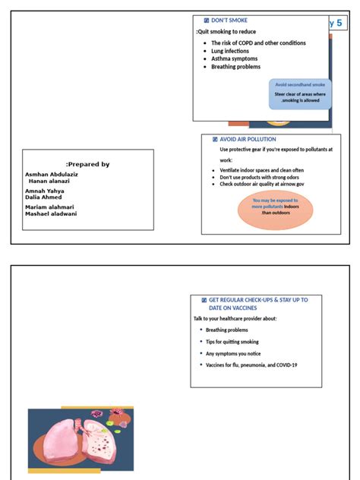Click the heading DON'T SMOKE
(228, 21)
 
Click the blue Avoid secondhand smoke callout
(299, 94)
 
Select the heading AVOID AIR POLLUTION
(247, 140)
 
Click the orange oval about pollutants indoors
(275, 210)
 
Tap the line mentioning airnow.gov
(262, 184)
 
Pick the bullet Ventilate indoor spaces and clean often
(262, 171)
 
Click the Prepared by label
(88, 164)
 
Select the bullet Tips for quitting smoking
(232, 342)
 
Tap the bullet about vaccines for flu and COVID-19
(251, 365)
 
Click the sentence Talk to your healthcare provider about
(235, 318)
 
